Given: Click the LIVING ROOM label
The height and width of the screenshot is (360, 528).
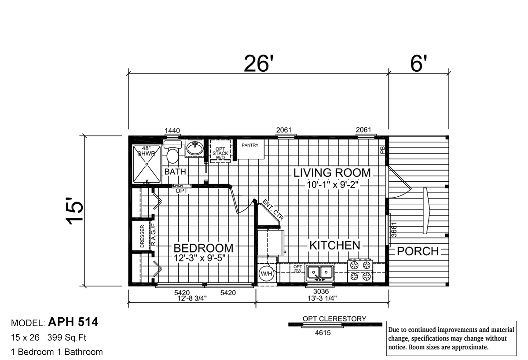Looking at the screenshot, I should pyautogui.click(x=332, y=173).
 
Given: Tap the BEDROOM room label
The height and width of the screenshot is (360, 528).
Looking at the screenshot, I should pyautogui.click(x=203, y=249).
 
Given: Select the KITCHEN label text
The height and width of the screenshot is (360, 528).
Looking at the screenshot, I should pyautogui.click(x=334, y=245).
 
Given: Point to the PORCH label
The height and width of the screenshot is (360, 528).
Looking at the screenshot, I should pyautogui.click(x=418, y=251).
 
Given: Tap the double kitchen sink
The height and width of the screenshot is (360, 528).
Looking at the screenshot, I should pyautogui.click(x=320, y=273).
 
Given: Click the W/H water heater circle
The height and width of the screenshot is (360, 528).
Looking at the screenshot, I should pyautogui.click(x=266, y=273).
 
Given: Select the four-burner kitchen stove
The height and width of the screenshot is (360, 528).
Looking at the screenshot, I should pyautogui.click(x=360, y=271).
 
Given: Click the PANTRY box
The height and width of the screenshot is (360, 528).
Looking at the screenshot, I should pyautogui.click(x=250, y=149).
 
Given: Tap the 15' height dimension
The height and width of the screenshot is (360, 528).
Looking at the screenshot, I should pyautogui.click(x=75, y=213).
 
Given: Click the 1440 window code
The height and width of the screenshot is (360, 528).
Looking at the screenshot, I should pyautogui.click(x=172, y=130).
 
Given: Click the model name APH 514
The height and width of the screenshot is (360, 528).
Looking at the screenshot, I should pyautogui.click(x=73, y=322).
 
